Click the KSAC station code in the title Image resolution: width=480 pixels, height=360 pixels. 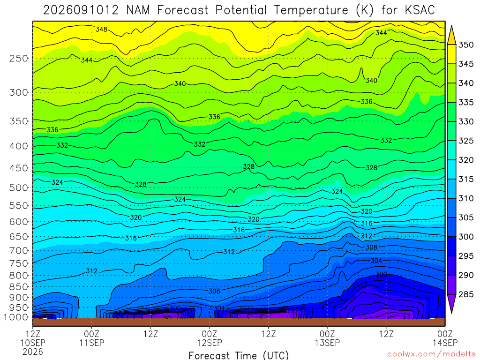click(420, 10)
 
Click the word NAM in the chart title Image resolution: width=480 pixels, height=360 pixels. click(138, 10)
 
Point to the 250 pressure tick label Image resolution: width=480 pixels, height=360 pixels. click(19, 58)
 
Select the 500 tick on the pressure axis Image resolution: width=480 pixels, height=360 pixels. click(19, 187)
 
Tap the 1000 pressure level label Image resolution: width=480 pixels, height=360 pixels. click(16, 317)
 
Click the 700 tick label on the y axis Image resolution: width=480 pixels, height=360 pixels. click(19, 251)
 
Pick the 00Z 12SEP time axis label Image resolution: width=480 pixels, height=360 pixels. click(210, 338)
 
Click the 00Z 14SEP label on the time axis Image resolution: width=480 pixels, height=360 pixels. click(445, 338)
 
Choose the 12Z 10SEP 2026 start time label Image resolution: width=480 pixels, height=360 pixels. click(33, 343)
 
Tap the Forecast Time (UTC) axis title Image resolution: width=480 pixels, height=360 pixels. click(239, 355)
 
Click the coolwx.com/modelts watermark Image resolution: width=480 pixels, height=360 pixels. click(431, 354)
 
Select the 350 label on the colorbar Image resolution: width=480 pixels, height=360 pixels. click(466, 45)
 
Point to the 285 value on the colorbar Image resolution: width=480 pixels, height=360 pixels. click(466, 294)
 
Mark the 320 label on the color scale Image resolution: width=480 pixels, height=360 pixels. click(466, 160)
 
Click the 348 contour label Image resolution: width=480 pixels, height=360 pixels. click(101, 30)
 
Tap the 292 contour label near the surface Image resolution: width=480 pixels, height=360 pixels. click(292, 311)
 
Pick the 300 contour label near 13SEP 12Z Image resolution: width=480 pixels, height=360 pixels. click(381, 274)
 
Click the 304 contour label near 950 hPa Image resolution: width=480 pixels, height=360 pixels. click(219, 308)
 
